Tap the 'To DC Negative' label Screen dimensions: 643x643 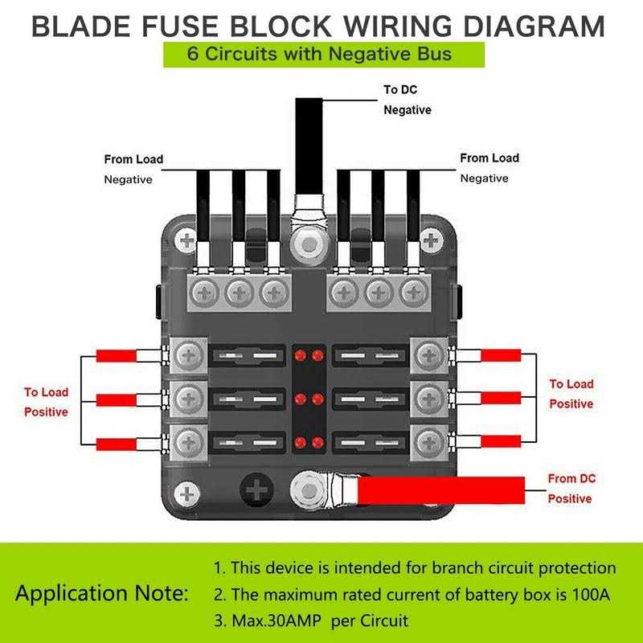coord(407,100)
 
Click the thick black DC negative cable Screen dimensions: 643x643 coord(309,145)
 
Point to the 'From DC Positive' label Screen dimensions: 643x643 coord(570,489)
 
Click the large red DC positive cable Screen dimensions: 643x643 coord(442,489)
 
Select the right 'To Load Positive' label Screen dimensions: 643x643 coord(571,394)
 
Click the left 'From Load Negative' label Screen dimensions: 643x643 coord(133,169)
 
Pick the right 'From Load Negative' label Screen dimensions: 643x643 coord(489,167)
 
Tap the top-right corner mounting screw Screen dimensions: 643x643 coord(432,240)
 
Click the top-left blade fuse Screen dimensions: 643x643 coord(248,354)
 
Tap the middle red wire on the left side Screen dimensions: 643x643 coord(117,399)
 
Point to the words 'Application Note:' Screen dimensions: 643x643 coord(102,595)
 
